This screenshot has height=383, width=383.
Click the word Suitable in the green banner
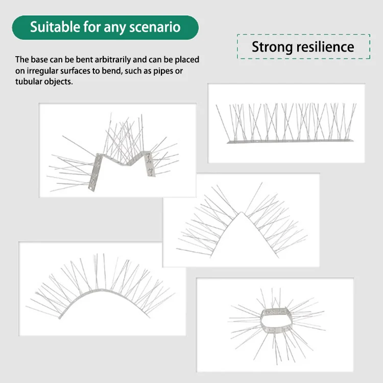tap(55, 27)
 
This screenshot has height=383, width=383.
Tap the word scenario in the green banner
tap(155, 27)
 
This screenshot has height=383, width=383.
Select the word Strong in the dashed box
tap(272, 47)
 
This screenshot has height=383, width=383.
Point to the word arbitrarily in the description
tap(113, 60)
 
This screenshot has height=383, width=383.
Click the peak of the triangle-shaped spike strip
tap(242, 212)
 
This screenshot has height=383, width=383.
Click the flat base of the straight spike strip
tap(290, 141)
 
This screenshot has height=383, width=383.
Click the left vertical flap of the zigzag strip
tap(95, 172)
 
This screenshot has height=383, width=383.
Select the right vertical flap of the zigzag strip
tap(149, 163)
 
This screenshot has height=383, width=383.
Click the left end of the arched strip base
tap(60, 317)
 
